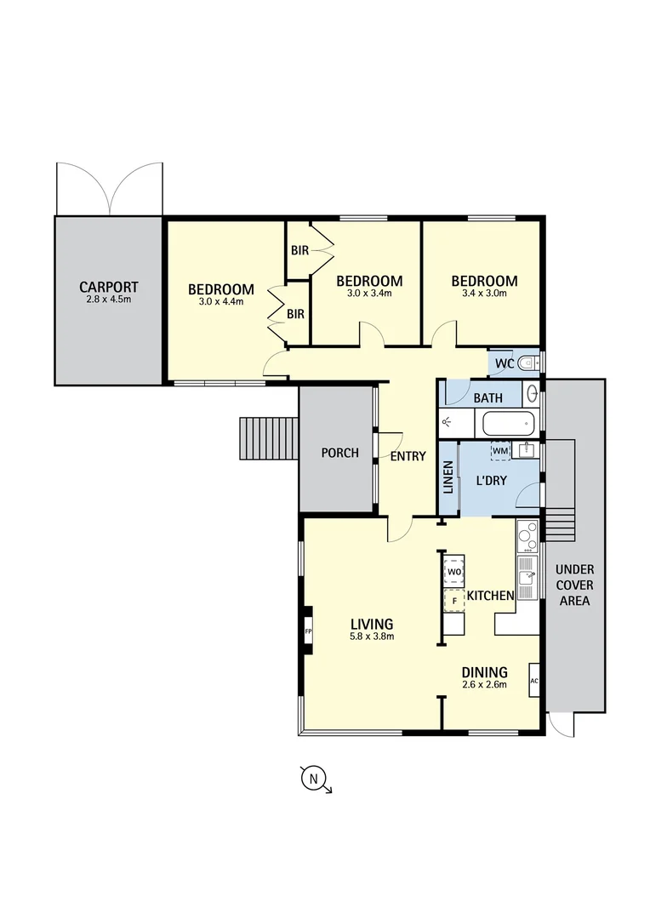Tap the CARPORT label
pos(109,288)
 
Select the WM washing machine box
pos(500,450)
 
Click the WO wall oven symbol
pos(454,571)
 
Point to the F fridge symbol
pos(454,601)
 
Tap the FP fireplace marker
pos(309,631)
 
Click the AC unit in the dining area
pos(534,681)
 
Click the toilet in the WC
pos(527,363)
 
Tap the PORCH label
pos(339,453)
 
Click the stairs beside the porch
pos(268,438)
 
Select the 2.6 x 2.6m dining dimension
pos(484,684)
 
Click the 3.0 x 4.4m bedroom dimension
pos(221,301)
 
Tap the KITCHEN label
pos(491,596)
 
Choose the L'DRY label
pos(491,481)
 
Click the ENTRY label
pos(408,457)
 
